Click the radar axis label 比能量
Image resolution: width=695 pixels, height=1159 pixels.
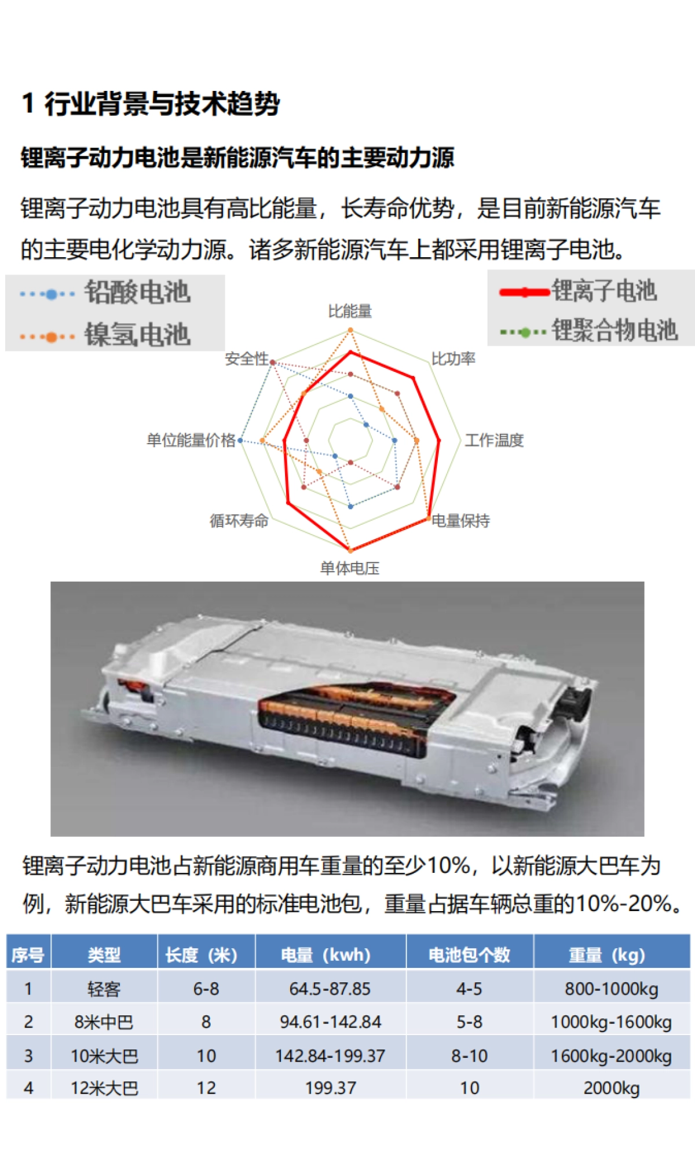point(350,311)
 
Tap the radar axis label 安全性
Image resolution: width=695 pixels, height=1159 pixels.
point(247,359)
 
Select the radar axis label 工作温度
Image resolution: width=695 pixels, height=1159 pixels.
point(494,440)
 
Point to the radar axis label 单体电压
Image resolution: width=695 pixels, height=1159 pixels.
point(350,568)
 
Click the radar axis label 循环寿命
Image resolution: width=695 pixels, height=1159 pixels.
point(239,521)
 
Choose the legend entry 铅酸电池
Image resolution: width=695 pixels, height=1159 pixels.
point(137,292)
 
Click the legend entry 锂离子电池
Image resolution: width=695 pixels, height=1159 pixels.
point(603,290)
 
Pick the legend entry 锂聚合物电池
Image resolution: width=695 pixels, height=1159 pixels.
point(614,330)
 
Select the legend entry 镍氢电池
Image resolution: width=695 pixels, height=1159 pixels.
point(137,335)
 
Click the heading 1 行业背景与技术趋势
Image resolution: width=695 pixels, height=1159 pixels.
point(151,104)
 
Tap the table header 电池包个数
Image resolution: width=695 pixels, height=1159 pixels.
point(469,955)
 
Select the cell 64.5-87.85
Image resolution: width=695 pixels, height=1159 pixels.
point(330,989)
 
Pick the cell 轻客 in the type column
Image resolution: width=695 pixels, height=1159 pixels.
point(104,989)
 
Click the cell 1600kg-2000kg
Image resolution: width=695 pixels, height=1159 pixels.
point(611,1056)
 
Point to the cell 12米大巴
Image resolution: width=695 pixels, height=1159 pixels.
point(104,1088)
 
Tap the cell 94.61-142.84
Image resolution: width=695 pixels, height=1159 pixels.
point(330,1022)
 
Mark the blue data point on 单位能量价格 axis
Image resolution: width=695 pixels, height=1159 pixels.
point(241,441)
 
